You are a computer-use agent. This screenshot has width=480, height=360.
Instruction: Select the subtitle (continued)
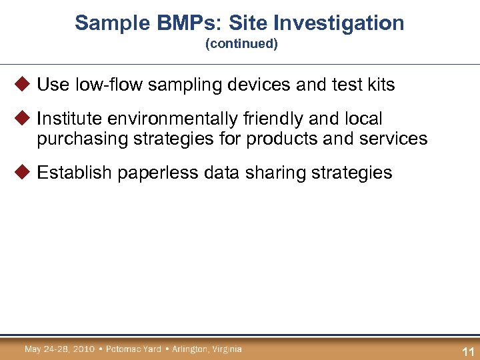(x=241, y=44)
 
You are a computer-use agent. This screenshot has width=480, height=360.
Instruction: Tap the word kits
(x=379, y=85)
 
